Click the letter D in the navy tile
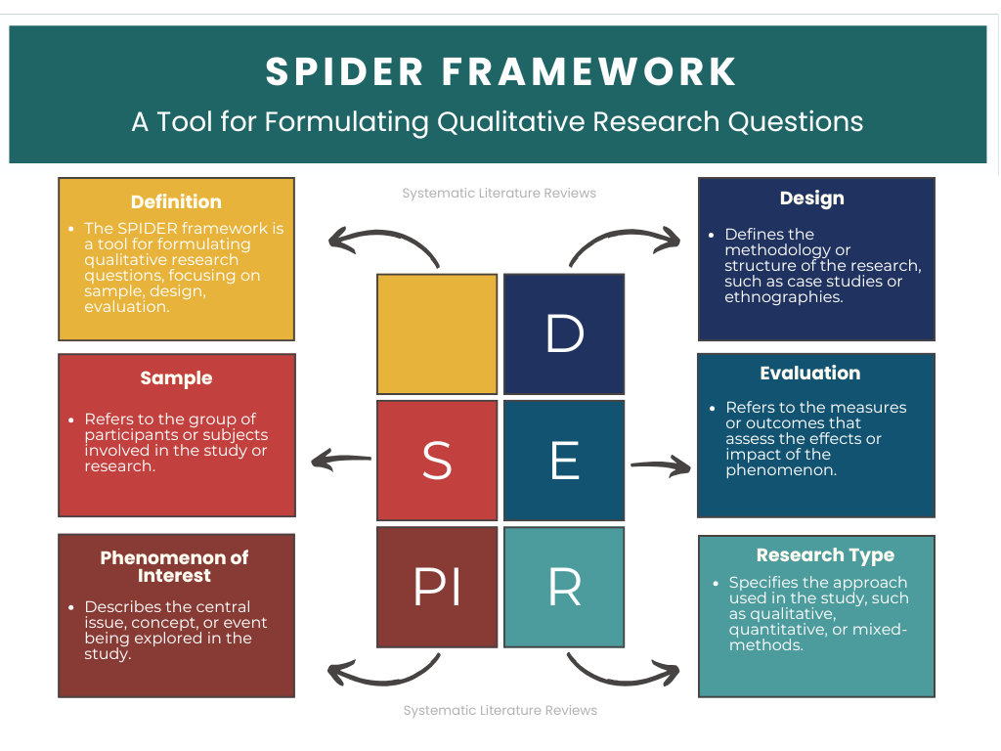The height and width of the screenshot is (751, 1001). tap(564, 334)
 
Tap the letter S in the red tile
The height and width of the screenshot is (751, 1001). tap(436, 461)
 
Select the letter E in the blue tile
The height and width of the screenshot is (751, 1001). tap(564, 461)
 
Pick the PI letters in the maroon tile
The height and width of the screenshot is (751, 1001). tap(436, 588)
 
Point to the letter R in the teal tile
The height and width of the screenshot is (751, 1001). tap(564, 588)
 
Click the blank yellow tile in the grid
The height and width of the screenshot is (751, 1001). tap(437, 334)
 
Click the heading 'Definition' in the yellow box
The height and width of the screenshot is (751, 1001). tap(176, 201)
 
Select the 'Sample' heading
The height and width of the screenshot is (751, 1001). tap(176, 377)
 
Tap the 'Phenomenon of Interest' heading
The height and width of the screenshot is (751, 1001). tap(175, 566)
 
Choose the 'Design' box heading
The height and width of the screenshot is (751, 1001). tap(811, 199)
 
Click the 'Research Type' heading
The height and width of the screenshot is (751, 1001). tap(825, 555)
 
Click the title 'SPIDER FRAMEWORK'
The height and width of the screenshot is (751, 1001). tap(500, 72)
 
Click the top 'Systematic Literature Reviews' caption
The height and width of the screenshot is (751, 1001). tap(499, 194)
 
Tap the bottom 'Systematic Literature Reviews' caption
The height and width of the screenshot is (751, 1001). tap(500, 710)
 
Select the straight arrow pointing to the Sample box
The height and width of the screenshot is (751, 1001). tap(341, 459)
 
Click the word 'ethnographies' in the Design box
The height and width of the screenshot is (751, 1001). tap(770, 297)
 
